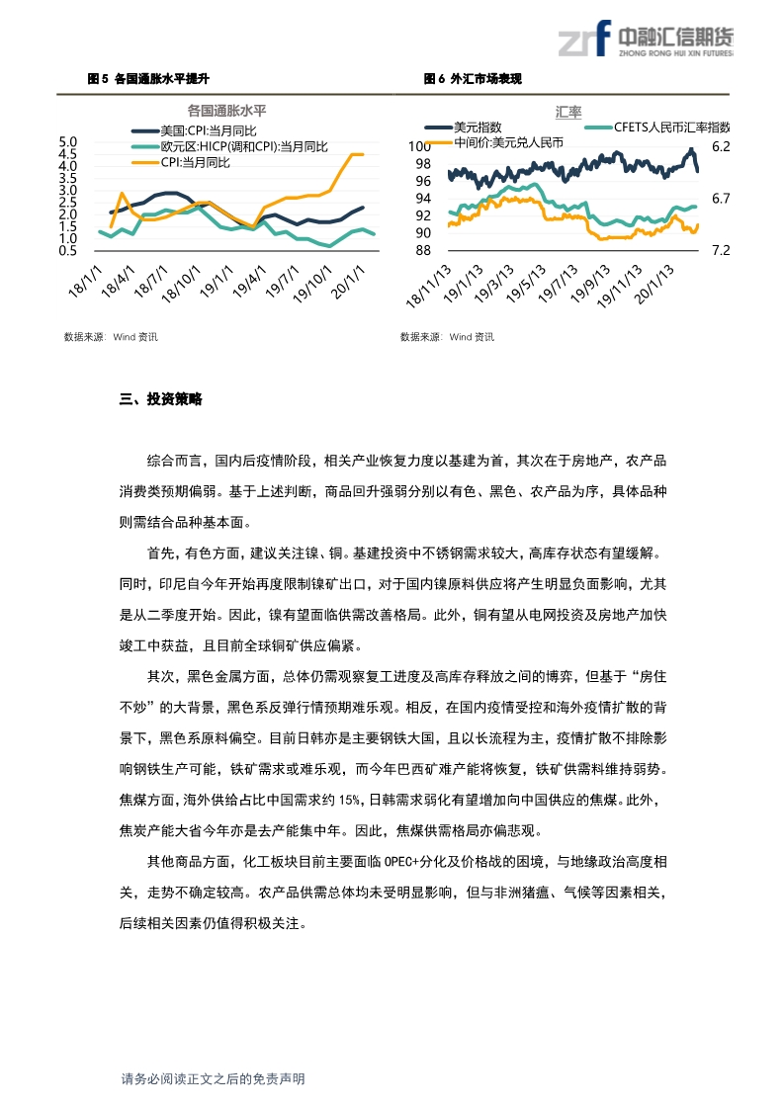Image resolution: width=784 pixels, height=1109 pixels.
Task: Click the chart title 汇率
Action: coord(568,111)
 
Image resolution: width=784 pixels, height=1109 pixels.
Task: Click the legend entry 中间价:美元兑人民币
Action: coord(508,142)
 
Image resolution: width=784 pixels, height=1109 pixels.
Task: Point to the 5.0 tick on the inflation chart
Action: coord(68,142)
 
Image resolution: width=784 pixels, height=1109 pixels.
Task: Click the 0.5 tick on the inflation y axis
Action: coord(68,250)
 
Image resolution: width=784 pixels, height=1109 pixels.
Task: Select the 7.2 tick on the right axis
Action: coord(720,250)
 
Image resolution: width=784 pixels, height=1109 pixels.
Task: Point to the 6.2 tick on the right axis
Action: coord(720,146)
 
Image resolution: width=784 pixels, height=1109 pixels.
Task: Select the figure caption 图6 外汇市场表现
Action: coord(472,78)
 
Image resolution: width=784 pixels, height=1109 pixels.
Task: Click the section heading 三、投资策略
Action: coord(160,399)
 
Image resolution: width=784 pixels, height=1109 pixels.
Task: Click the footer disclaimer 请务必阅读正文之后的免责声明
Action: coord(213,1079)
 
